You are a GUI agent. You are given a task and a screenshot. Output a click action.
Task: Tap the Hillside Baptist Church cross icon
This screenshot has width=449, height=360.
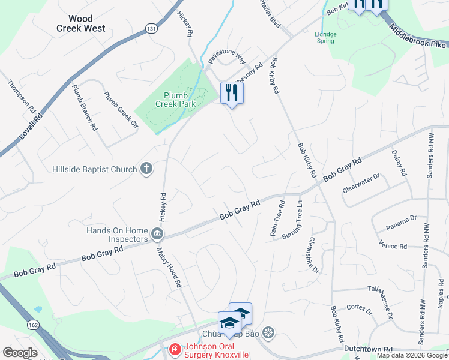(146, 169)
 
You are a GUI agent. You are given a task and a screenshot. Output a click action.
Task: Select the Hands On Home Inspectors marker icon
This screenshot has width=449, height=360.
(158, 233)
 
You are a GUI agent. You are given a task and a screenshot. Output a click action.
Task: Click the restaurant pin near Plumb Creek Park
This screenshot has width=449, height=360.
(232, 93)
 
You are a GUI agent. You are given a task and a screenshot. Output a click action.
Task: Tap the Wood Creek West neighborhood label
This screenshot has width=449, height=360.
(80, 24)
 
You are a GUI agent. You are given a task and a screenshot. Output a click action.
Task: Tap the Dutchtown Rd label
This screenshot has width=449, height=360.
(368, 349)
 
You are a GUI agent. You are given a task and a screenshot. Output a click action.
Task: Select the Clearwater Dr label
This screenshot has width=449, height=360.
(361, 184)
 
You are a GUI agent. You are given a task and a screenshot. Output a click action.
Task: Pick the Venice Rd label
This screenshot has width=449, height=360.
(393, 245)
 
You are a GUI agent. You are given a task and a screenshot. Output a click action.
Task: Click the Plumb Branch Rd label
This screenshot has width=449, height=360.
(84, 107)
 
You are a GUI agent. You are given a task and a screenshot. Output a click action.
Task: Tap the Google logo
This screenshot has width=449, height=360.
(20, 353)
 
